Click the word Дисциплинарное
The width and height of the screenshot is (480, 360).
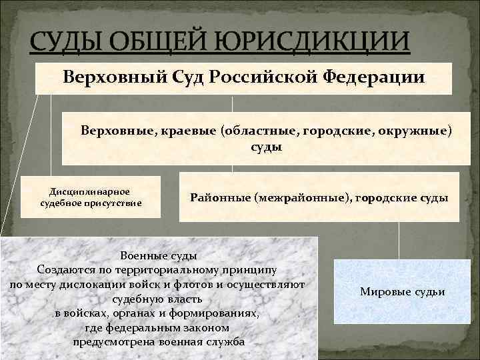coord(91,191)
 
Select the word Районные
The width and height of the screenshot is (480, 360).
coord(219,197)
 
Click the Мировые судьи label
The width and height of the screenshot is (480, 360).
coord(401,292)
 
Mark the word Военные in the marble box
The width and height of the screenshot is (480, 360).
coord(140,256)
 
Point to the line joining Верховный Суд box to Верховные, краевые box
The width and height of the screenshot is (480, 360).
coord(232,103)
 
